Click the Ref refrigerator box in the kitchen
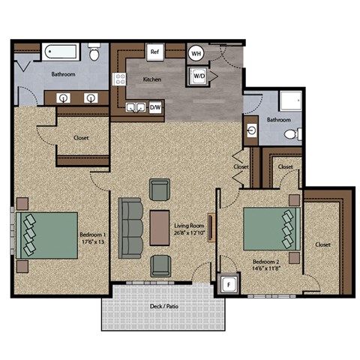coord(155,52)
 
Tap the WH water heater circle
coord(196,53)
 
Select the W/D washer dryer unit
coord(200,76)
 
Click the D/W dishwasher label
coord(156,108)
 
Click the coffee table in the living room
coord(159,227)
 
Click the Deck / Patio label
coord(163,307)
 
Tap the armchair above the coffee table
coord(160,190)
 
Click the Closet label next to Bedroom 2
coord(323,244)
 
